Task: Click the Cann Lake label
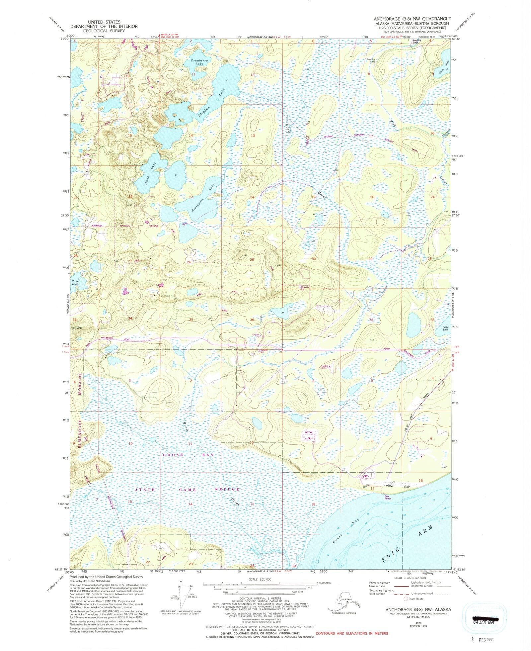coord(76,283)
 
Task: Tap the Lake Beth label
coord(445,328)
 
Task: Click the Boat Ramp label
coord(388,497)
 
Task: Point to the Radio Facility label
coord(324,367)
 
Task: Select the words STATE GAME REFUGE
coord(188,490)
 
